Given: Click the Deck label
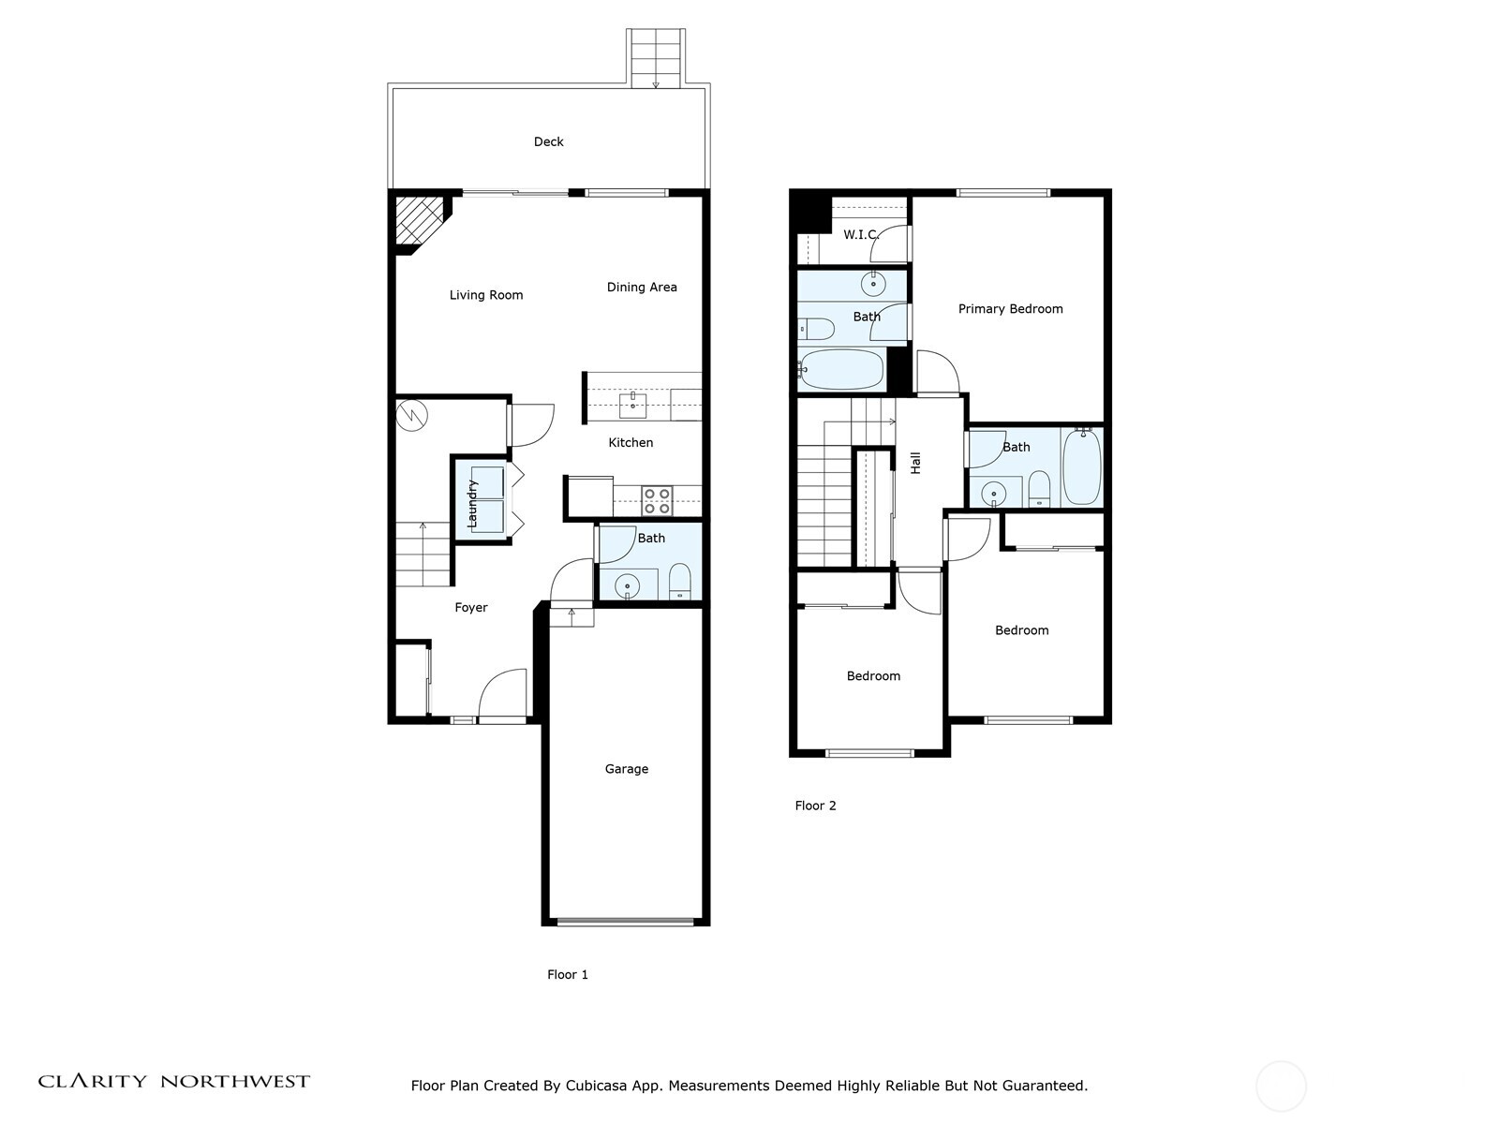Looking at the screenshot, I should pyautogui.click(x=548, y=141).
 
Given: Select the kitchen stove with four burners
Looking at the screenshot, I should pyautogui.click(x=657, y=501).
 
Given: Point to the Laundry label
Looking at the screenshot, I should pyautogui.click(x=473, y=503).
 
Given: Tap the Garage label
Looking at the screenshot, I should pyautogui.click(x=626, y=769).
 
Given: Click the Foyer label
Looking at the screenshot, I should pyautogui.click(x=471, y=607).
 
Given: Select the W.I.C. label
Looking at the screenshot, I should pyautogui.click(x=860, y=234).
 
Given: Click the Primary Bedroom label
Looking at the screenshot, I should pyautogui.click(x=1010, y=308).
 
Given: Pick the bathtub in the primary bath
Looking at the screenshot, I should pyautogui.click(x=841, y=370).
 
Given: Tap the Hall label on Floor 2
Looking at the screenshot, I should pyautogui.click(x=916, y=463).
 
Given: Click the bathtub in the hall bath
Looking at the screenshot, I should pyautogui.click(x=1082, y=466).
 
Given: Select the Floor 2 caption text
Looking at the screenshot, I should pyautogui.click(x=815, y=806).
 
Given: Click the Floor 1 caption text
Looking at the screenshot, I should pyautogui.click(x=568, y=974).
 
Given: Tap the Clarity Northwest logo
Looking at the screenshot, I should pyautogui.click(x=173, y=1081).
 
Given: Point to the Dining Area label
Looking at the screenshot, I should pyautogui.click(x=642, y=287).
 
